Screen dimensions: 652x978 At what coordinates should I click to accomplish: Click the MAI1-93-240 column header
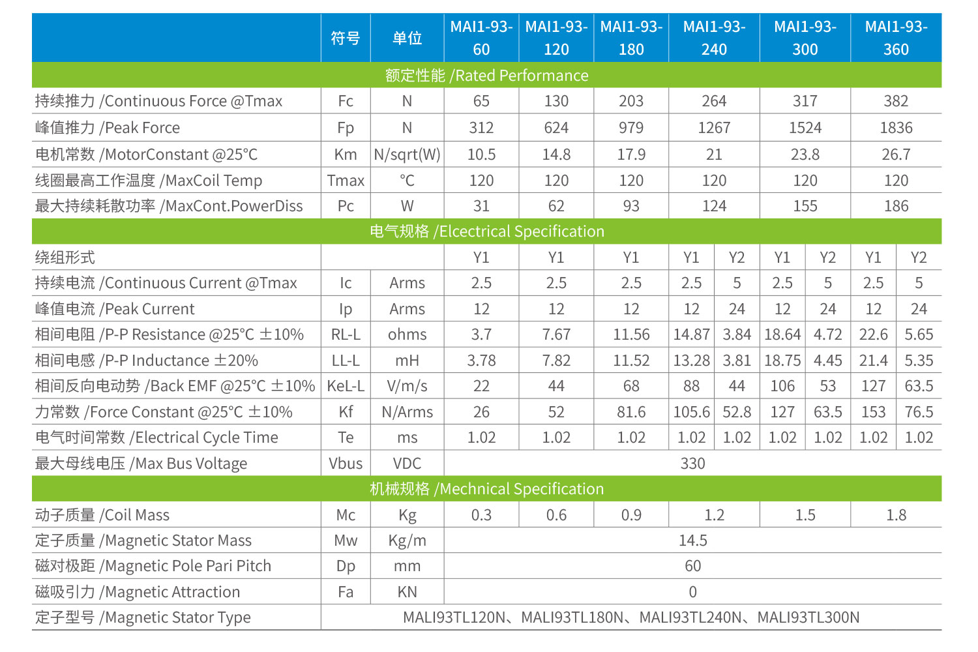point(714,38)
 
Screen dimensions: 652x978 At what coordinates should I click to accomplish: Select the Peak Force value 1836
point(896,128)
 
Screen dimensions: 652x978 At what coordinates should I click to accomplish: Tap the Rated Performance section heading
point(486,76)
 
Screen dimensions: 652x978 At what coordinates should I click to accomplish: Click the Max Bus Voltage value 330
point(692,464)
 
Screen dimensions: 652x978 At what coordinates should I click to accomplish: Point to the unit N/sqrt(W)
point(407,155)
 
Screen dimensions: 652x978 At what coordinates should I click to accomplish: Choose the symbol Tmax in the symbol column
point(346,181)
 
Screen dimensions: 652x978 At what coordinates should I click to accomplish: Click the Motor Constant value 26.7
point(896,155)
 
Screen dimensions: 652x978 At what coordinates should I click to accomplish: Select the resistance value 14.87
point(691,334)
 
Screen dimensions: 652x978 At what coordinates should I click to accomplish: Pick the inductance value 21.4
point(873,361)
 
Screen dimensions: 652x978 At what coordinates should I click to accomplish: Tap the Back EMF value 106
point(782,386)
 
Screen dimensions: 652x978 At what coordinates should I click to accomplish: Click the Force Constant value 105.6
point(691,412)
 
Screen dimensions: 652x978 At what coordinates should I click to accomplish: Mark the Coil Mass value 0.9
point(631,515)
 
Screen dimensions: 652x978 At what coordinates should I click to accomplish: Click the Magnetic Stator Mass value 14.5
point(692,541)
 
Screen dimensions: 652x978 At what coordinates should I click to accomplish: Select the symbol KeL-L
point(346,386)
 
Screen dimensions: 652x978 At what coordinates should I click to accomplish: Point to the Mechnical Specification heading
point(486,489)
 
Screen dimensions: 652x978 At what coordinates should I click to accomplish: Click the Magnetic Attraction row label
point(138,592)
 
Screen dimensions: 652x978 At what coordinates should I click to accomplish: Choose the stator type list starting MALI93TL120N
point(631,617)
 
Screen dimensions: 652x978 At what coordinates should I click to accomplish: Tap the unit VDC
point(407,464)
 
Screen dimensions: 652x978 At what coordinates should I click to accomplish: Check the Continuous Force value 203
point(631,101)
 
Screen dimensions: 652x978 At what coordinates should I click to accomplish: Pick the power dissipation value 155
point(805,206)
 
